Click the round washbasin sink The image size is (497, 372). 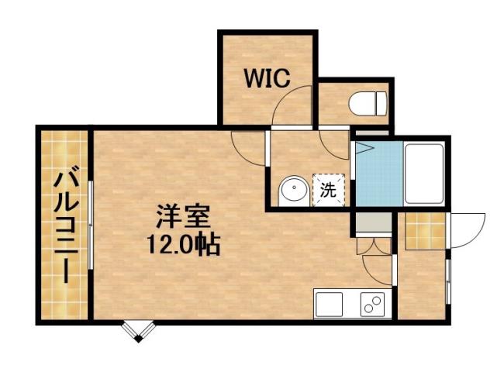(x=293, y=190)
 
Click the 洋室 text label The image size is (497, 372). (x=184, y=214)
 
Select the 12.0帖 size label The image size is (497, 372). (x=184, y=245)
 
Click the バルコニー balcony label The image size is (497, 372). (x=64, y=224)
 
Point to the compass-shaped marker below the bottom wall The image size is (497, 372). (x=138, y=331)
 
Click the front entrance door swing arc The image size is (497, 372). (x=465, y=229)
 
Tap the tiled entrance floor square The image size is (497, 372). (x=425, y=230)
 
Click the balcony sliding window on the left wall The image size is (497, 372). (x=91, y=225)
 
